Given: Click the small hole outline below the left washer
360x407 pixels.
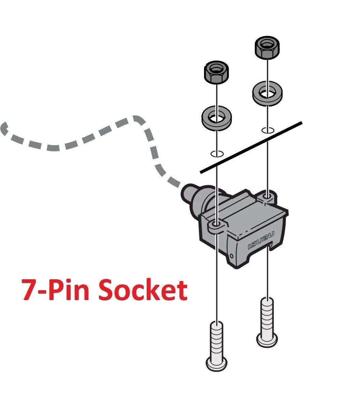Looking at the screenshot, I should [x=217, y=154].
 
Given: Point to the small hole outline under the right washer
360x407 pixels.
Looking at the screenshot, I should [x=268, y=130].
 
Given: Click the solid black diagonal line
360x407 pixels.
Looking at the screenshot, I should [x=251, y=148].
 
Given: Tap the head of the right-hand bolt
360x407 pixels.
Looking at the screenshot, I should [x=267, y=340].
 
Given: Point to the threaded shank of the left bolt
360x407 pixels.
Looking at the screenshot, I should [x=217, y=338].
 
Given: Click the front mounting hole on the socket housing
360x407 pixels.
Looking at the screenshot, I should [x=216, y=224].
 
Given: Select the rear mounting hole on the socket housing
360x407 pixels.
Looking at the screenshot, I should [x=267, y=196].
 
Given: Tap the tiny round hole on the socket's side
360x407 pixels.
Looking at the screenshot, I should [x=232, y=255].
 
